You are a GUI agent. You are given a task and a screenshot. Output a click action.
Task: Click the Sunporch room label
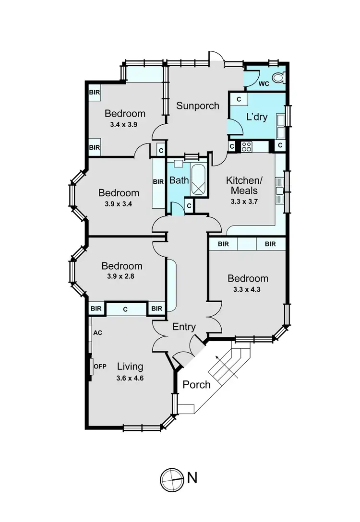point(197,106)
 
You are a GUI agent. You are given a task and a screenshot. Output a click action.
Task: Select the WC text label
point(264,84)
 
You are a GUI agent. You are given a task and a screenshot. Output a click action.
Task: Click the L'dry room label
point(257,117)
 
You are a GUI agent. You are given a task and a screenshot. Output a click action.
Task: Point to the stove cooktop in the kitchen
point(247,146)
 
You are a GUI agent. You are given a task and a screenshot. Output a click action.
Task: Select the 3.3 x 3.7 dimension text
point(242,202)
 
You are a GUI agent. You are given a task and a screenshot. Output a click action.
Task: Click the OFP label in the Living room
point(100,367)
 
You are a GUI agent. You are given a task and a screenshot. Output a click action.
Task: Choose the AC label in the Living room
point(98,332)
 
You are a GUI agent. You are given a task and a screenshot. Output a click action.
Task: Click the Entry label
point(184,327)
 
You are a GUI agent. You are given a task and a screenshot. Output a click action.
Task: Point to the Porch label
point(197,384)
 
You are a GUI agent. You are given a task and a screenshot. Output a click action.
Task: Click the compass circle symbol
point(171,478)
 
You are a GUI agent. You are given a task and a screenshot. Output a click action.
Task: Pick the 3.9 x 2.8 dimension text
point(121,277)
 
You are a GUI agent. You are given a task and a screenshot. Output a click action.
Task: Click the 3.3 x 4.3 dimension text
point(248,289)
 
